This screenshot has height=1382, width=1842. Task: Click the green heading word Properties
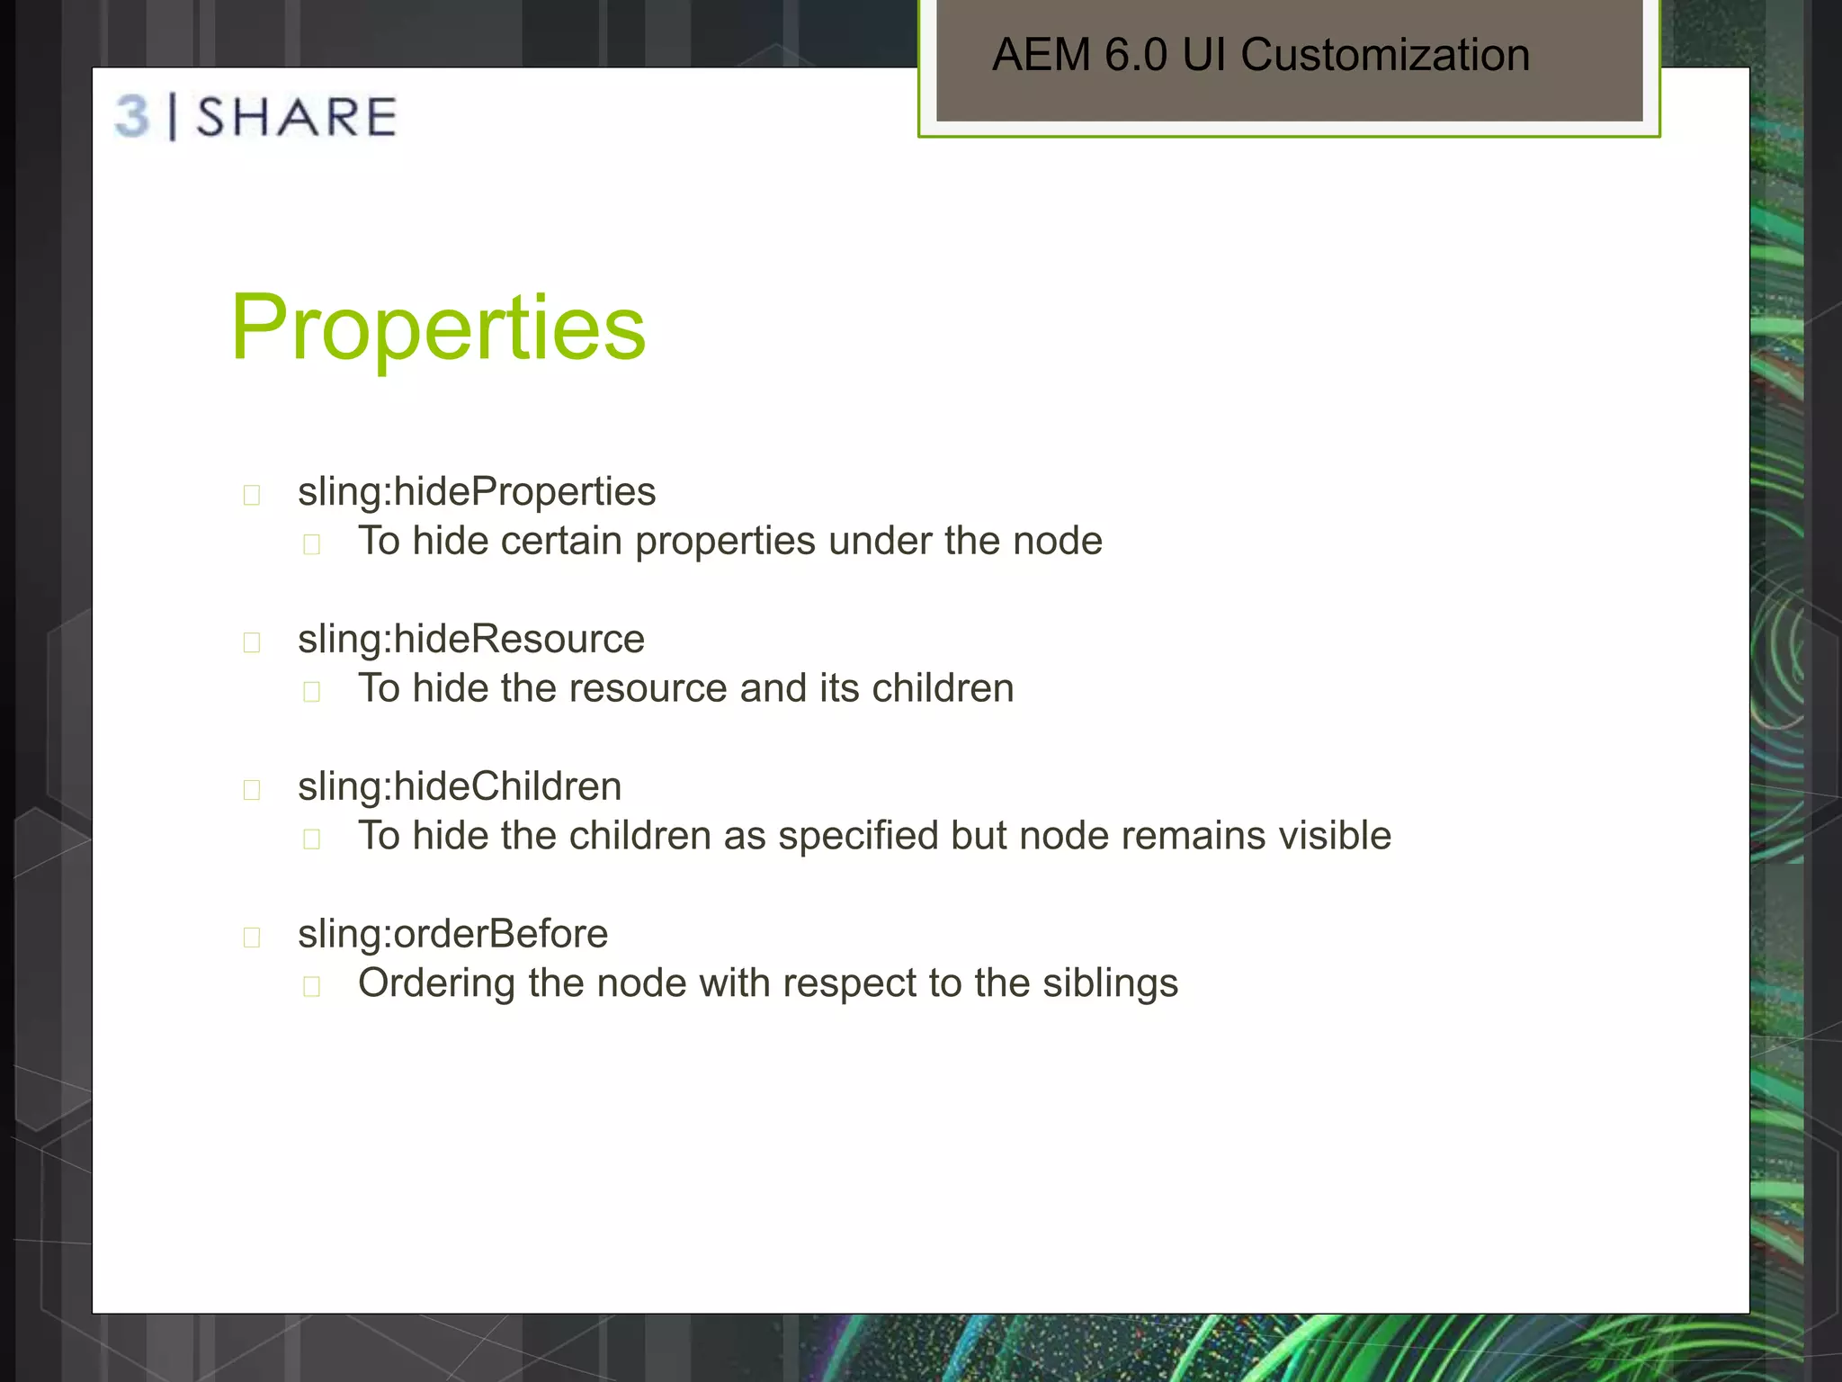tap(438, 328)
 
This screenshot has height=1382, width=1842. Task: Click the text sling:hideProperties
tap(477, 492)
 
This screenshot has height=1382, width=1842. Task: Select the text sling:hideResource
tap(471, 640)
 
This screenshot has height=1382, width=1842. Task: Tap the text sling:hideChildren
tap(460, 787)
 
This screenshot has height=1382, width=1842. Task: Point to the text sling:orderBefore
tap(452, 934)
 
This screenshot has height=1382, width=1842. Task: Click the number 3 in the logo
tap(132, 117)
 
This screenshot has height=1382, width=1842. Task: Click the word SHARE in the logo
tap(297, 118)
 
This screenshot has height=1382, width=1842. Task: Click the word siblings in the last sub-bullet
tap(1110, 983)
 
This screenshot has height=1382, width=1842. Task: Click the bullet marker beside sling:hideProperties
tap(252, 495)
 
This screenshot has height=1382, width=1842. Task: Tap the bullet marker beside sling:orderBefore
tap(252, 938)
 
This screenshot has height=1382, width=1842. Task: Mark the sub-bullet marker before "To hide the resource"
tap(312, 692)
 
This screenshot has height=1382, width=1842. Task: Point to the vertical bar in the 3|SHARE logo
tap(173, 117)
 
